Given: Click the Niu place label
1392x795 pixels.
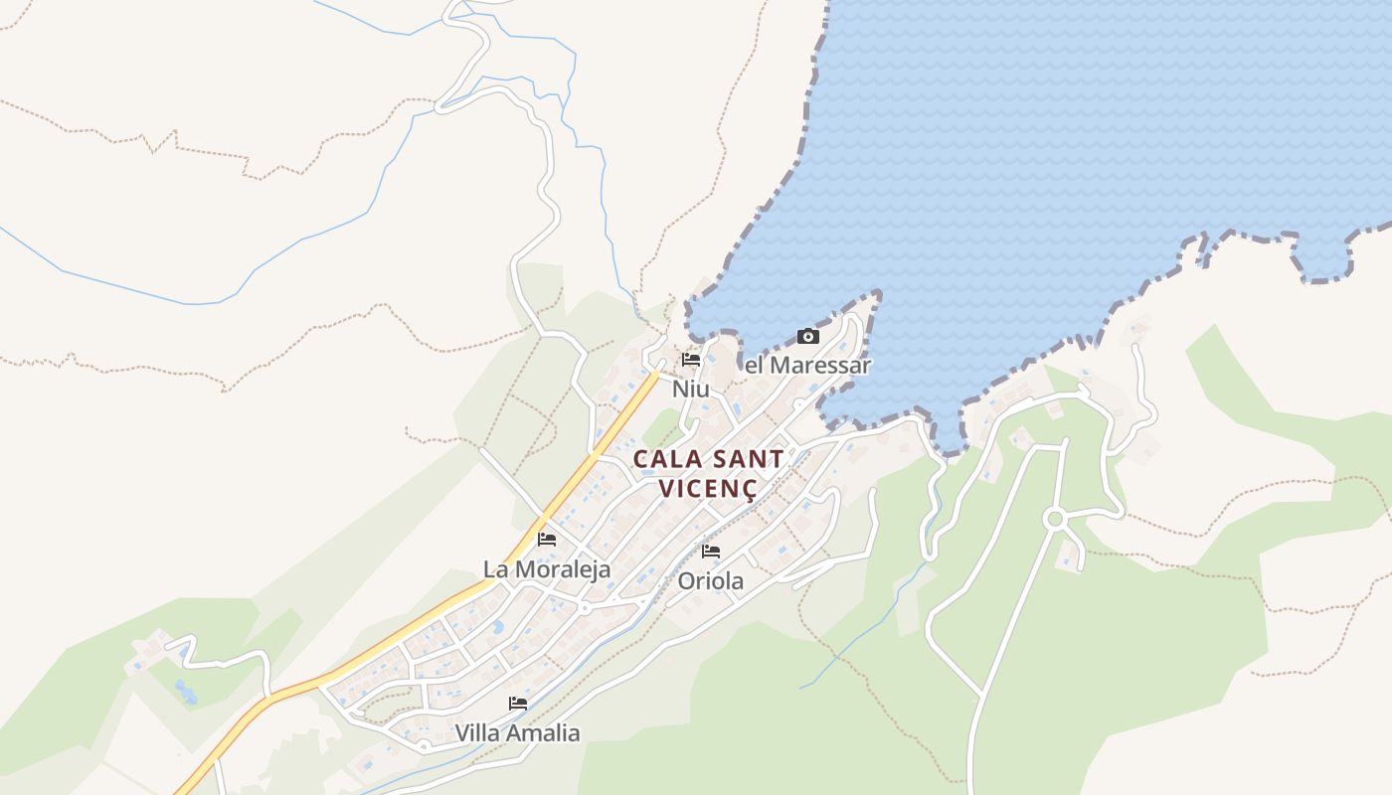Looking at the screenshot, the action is click(691, 389).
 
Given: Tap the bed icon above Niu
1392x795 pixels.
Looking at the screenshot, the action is click(691, 360).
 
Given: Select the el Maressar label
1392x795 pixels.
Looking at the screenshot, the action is click(807, 366).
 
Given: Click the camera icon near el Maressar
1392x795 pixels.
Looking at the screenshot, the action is click(808, 337).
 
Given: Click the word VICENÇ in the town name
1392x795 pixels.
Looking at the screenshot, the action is click(708, 489).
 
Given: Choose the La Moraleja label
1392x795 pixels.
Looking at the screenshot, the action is click(547, 569).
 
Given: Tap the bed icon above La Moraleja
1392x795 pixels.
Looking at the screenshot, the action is click(547, 540).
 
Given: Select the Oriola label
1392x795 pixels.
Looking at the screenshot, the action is click(710, 581).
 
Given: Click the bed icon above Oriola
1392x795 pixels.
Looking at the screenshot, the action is click(711, 552).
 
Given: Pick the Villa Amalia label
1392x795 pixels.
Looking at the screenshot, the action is click(517, 733).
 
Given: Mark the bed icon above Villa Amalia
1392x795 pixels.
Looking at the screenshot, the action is click(517, 704).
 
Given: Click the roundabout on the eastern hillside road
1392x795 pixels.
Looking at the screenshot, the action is click(1055, 519).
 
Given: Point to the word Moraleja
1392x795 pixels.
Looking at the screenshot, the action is click(563, 569).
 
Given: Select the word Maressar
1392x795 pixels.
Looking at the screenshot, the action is click(821, 366).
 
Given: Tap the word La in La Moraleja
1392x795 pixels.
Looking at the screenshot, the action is click(495, 569).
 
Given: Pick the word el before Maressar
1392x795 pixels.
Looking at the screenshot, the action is click(755, 366).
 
